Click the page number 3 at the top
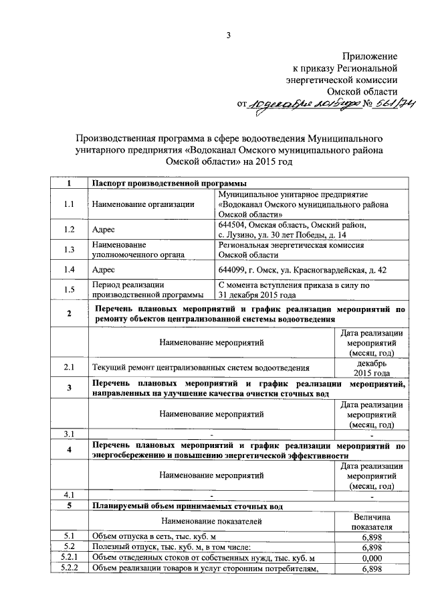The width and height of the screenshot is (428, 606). [x=228, y=35]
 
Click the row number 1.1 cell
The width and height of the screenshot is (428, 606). [x=69, y=204]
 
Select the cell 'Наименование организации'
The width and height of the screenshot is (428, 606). [x=138, y=204]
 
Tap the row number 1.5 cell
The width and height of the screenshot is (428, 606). [x=69, y=289]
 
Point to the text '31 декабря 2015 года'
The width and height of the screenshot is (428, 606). [x=257, y=295]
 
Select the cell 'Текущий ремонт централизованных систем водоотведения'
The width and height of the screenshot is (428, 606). [x=201, y=368]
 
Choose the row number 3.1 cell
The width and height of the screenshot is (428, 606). [x=69, y=435]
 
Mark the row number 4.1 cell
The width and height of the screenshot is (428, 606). [x=69, y=496]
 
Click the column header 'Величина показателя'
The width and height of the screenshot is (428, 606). [x=371, y=522]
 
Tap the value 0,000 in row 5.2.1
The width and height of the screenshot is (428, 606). [x=371, y=558]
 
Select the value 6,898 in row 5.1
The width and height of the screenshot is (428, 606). [x=371, y=536]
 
